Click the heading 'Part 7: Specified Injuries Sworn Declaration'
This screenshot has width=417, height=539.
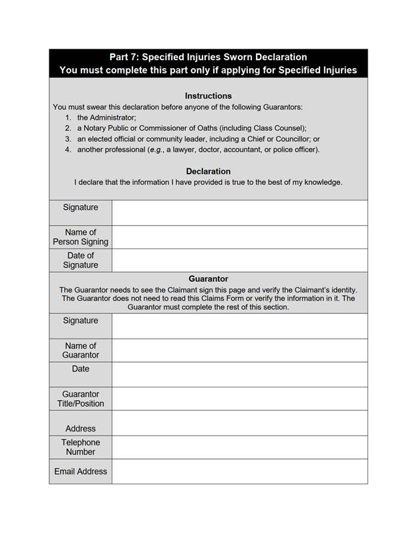(208, 57)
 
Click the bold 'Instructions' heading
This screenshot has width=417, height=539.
(208, 96)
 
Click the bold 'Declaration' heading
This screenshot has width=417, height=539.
(208, 171)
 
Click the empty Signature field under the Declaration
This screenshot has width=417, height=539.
(239, 212)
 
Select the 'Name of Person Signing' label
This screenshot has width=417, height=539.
(80, 237)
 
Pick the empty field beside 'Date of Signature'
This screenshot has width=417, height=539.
(239, 260)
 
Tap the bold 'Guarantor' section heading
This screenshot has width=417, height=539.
(208, 279)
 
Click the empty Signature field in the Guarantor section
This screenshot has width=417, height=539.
(239, 326)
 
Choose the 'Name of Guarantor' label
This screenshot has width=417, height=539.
(80, 351)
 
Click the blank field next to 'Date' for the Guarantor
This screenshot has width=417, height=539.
(239, 374)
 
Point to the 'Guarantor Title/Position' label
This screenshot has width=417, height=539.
(80, 399)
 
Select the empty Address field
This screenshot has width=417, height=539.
(239, 423)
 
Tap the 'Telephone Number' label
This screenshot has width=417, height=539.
(80, 447)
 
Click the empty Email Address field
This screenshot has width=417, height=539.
(239, 472)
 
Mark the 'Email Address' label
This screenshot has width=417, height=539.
(80, 472)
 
